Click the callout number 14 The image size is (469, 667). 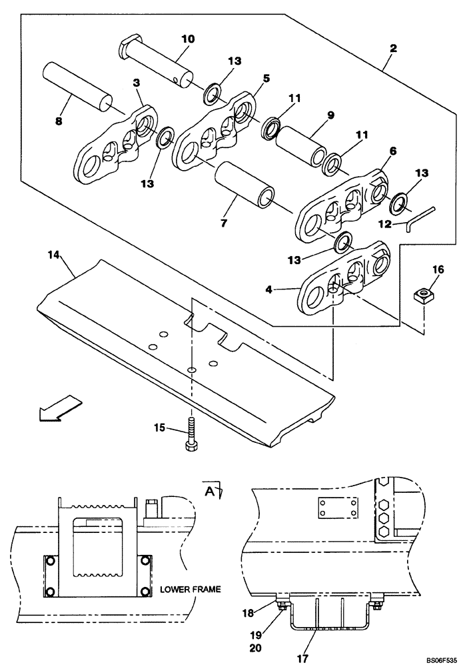tap(54, 254)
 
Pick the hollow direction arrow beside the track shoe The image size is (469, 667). tap(60, 408)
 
